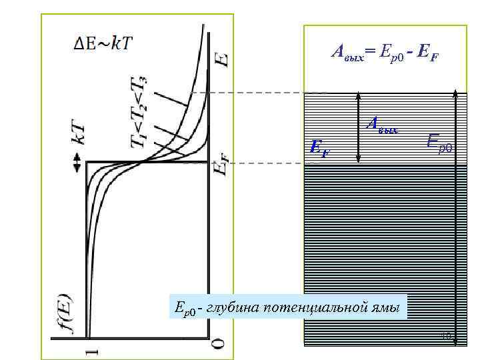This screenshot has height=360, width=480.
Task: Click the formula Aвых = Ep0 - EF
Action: (x=385, y=51)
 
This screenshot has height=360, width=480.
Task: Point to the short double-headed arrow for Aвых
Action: (x=359, y=127)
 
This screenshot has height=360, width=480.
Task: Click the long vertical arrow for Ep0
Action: (x=455, y=213)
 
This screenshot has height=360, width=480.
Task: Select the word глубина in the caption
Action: (x=232, y=307)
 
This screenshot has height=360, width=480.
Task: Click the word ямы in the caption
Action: (x=386, y=307)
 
